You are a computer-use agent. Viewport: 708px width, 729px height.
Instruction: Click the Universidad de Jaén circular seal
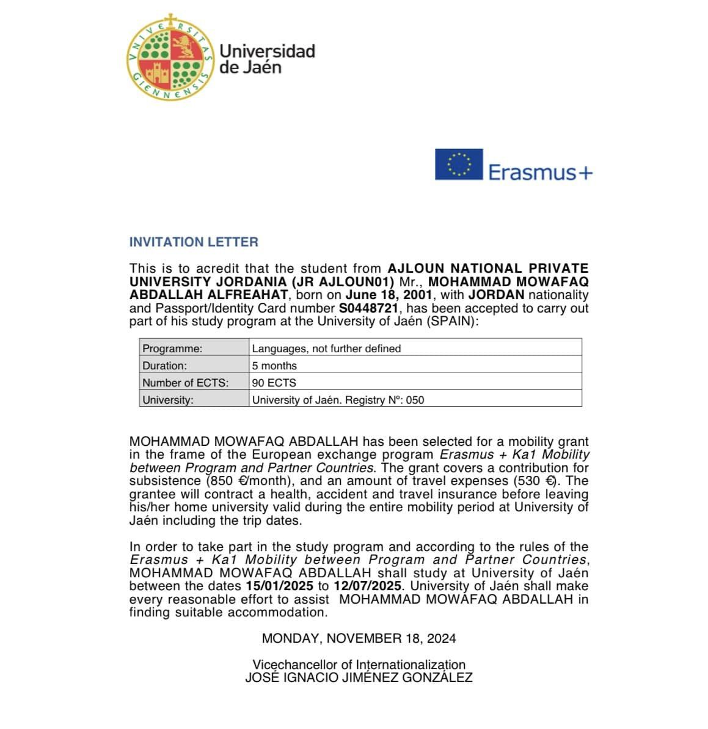click(171, 59)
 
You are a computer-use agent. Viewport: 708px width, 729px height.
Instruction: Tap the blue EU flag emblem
click(459, 164)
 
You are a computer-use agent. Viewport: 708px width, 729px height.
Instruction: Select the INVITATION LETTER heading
click(194, 242)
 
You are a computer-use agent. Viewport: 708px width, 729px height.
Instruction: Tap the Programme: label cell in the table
click(194, 349)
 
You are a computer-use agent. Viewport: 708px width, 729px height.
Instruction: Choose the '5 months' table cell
click(415, 366)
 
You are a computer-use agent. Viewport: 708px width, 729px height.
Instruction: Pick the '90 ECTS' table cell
click(415, 383)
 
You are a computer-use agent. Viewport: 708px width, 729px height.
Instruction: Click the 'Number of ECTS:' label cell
click(194, 383)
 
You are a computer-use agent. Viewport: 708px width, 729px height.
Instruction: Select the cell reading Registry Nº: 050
click(415, 400)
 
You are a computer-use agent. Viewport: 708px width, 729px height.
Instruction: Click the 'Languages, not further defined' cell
click(415, 349)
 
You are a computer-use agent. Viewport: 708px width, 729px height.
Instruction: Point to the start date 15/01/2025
click(279, 586)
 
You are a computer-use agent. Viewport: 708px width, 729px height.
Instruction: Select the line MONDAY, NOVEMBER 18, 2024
click(359, 638)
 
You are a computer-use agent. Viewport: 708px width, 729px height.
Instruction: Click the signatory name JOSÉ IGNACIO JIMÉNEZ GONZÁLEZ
click(359, 678)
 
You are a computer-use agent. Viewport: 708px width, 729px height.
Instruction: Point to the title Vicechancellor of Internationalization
click(359, 665)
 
